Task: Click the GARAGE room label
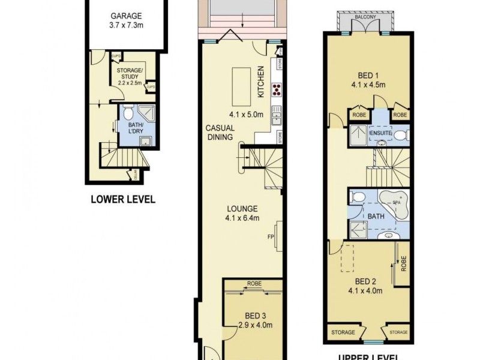[127, 16]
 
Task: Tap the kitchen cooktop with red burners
[277, 89]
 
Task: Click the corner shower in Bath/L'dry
[145, 113]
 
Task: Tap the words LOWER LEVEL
[122, 199]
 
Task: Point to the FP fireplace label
[271, 236]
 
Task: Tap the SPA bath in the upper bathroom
[394, 205]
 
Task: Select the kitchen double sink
[277, 112]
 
